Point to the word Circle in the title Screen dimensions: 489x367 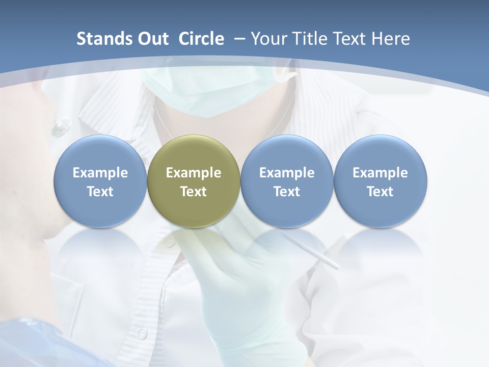[201, 39]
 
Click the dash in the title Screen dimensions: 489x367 [239, 39]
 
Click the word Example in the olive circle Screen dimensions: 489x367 [194, 173]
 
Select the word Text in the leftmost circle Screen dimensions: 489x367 [100, 192]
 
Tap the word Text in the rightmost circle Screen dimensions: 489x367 [380, 192]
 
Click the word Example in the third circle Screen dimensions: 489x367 [287, 173]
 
